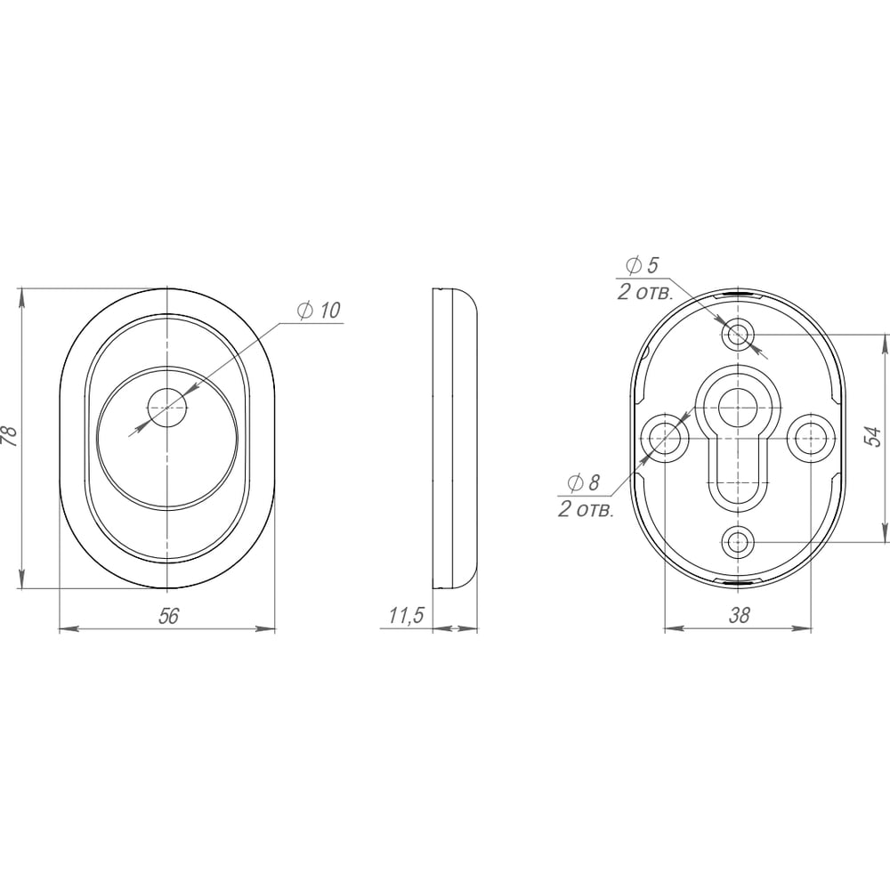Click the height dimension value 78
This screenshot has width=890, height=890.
point(10,435)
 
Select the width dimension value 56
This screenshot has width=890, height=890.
point(168,615)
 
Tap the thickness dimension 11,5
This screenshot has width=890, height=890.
point(407,616)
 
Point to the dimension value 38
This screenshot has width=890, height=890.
point(739,615)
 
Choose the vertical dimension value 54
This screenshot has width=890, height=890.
point(874,436)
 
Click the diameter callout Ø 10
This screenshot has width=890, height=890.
point(319,311)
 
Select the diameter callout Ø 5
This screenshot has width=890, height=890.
point(642,265)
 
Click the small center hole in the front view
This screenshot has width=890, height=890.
point(167,408)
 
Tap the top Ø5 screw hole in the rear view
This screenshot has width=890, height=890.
point(738,335)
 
